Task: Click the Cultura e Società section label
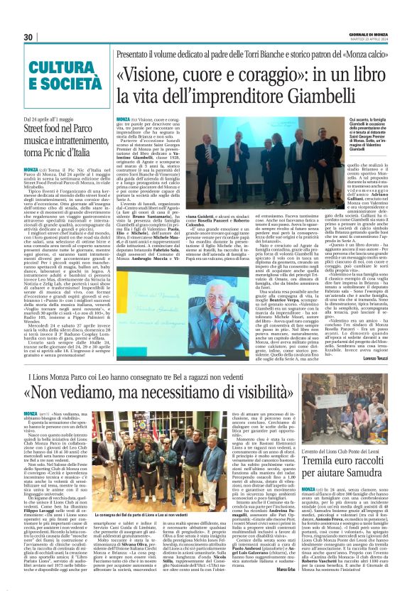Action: (53, 75)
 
